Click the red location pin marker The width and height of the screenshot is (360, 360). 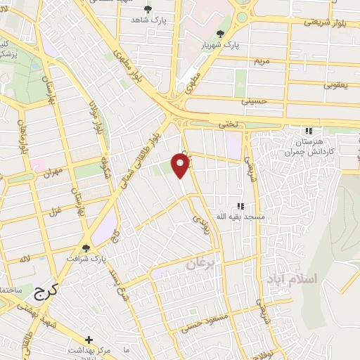pos(182,165)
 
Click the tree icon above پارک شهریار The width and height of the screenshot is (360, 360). pos(221,33)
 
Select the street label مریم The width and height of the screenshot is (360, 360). pos(262,61)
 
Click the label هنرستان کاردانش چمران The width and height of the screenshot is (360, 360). pos(307,146)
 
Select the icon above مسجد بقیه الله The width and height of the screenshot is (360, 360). pos(240,207)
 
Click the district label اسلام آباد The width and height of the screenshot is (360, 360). pos(291,279)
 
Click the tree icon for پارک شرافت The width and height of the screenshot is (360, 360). pos(86,247)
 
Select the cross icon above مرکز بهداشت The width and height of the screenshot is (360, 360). pos(89,340)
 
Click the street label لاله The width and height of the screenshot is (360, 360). pos(25,260)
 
